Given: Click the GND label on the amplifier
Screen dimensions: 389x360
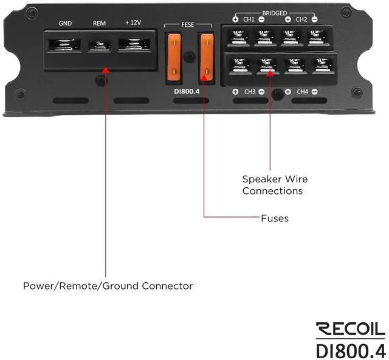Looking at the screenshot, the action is click(65, 24).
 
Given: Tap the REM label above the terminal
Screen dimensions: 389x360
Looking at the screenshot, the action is click(99, 24).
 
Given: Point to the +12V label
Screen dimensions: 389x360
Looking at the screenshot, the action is click(134, 24).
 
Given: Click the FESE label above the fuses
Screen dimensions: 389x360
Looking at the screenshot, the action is click(188, 26).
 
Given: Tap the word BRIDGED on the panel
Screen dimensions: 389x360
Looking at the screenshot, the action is click(275, 12).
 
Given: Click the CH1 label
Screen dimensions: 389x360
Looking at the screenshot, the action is click(249, 19).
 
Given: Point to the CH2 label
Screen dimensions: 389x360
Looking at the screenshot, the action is click(301, 19).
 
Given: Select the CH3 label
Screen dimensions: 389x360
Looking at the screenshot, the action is click(249, 92).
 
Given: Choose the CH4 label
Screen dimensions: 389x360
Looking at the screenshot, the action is click(301, 92).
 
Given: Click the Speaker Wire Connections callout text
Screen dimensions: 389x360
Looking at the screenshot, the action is click(275, 185).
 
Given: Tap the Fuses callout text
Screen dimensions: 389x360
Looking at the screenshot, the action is click(274, 218).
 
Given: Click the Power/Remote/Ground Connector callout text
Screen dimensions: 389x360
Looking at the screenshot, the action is click(108, 285).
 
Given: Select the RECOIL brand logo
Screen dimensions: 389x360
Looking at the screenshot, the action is click(349, 330).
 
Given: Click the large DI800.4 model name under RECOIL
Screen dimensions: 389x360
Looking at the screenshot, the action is click(350, 351).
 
